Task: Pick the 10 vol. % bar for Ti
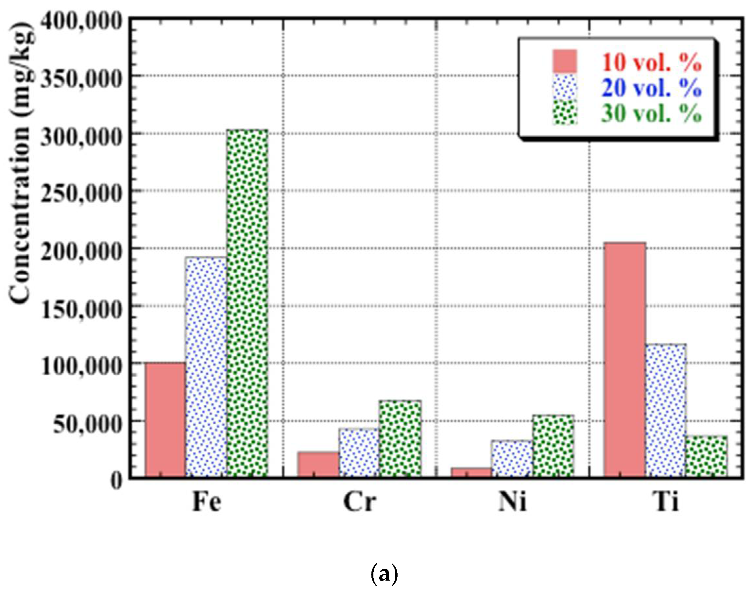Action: (624, 359)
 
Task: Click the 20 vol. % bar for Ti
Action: (666, 410)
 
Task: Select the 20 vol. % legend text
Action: (651, 88)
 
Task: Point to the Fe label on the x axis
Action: (207, 502)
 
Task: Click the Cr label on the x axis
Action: (359, 502)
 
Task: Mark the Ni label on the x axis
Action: (512, 502)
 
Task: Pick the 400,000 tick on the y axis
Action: (82, 22)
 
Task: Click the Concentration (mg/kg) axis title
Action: (22, 164)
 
